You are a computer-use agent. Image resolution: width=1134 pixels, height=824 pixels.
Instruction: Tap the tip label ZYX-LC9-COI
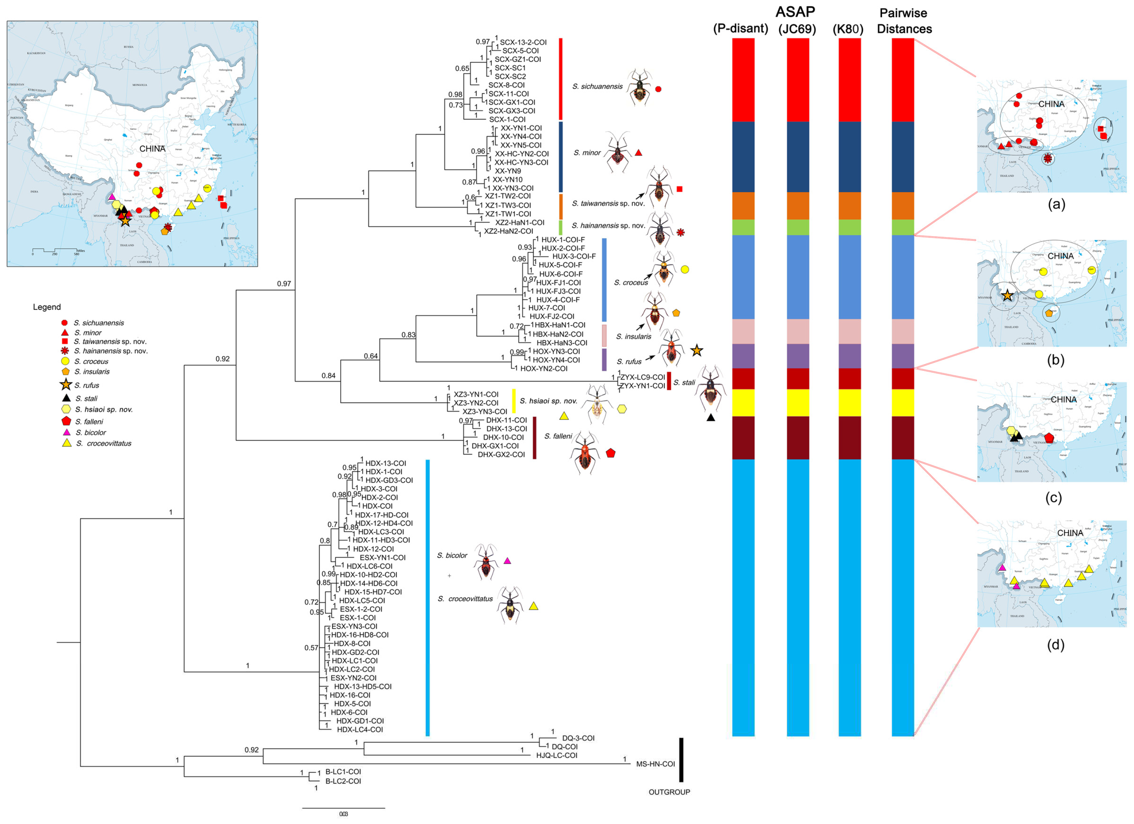[643, 377]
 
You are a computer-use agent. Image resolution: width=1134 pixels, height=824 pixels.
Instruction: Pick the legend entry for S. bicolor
[91, 433]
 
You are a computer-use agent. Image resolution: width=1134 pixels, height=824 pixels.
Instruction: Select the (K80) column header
[848, 29]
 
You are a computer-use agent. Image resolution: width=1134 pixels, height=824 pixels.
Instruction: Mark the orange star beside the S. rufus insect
[696, 351]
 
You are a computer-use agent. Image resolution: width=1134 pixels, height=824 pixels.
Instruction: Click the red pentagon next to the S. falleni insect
[610, 453]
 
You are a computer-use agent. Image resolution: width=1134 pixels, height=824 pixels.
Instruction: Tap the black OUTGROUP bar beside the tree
[681, 760]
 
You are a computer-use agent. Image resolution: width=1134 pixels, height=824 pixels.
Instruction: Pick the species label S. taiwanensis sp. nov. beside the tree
[609, 203]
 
